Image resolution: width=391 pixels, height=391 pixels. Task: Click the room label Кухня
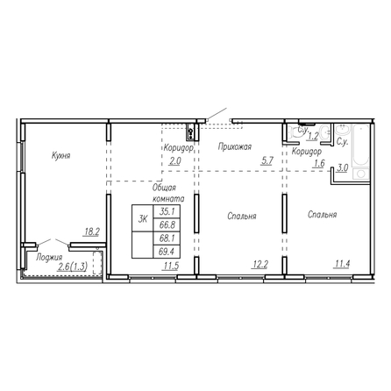[60, 155]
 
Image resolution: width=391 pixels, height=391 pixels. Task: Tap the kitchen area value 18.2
[92, 232]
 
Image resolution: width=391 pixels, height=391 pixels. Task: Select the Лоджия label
[49, 258]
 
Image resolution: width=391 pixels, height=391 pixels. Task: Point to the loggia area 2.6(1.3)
[73, 267]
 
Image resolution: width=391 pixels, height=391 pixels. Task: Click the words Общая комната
[168, 193]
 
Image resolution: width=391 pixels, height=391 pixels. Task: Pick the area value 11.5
[171, 266]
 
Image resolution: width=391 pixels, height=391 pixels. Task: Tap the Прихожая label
[235, 146]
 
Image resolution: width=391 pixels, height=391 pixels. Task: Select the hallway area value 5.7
[267, 160]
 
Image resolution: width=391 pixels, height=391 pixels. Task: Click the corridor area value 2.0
[175, 161]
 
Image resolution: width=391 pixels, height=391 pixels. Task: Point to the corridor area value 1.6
[319, 163]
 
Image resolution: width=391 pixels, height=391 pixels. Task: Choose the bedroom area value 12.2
[260, 264]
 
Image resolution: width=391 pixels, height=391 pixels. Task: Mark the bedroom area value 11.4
[343, 264]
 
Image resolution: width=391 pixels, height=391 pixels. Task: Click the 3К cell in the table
[143, 218]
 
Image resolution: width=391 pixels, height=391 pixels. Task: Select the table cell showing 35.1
[167, 211]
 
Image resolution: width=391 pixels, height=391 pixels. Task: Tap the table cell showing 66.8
[167, 224]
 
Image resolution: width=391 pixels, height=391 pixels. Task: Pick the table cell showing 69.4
[167, 252]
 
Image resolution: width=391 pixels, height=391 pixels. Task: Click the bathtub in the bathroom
[361, 146]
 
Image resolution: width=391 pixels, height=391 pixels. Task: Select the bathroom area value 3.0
[343, 168]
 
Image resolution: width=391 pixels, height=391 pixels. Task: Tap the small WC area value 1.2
[313, 136]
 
